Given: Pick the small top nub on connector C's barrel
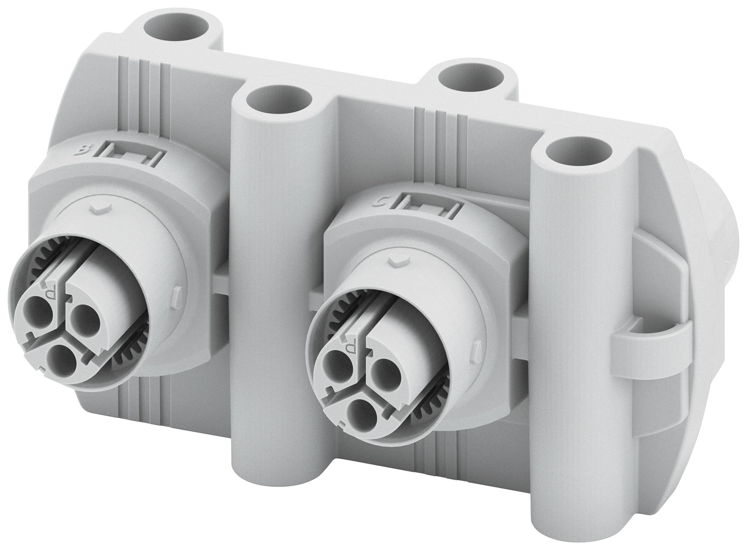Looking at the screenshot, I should click(397, 260).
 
